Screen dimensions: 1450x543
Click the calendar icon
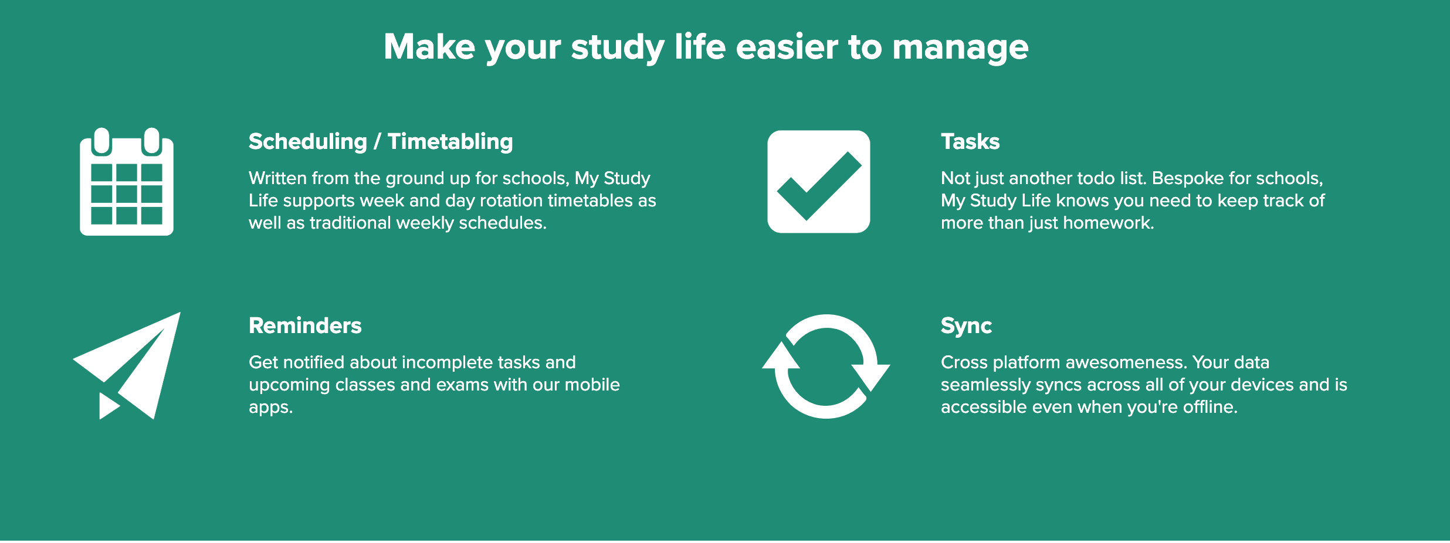click(127, 182)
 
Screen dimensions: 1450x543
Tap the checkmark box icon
click(819, 182)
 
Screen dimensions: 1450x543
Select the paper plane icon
click(127, 366)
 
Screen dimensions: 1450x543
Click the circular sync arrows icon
click(826, 366)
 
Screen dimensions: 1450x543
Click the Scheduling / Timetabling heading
click(381, 142)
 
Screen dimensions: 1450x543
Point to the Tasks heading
click(970, 142)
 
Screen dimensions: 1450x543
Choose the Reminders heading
click(305, 326)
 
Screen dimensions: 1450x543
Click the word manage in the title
click(960, 48)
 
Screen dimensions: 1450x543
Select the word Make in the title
click(429, 47)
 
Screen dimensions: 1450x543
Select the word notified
click(321, 362)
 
